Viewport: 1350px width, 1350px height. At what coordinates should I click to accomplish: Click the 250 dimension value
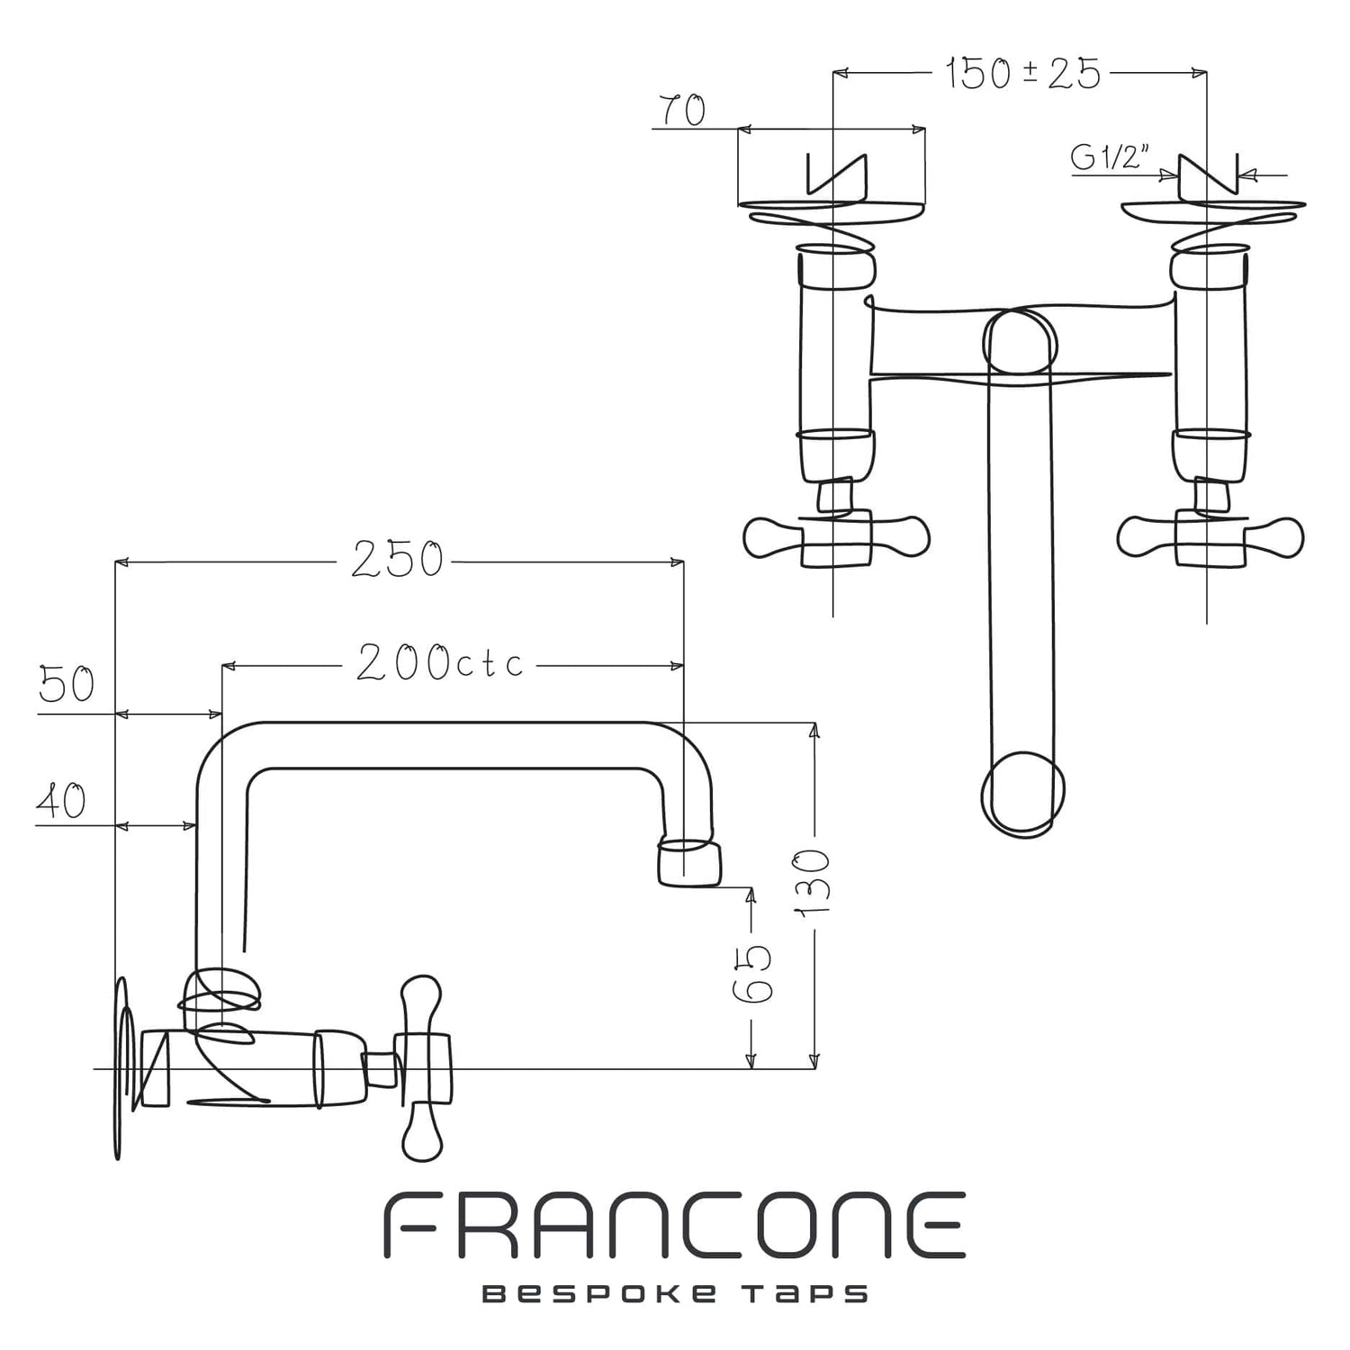point(397,560)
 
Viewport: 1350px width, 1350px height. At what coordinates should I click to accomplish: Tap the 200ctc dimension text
point(439,663)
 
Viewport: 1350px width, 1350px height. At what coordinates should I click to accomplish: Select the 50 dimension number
point(67,685)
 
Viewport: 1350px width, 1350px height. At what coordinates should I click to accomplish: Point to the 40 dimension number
point(61,800)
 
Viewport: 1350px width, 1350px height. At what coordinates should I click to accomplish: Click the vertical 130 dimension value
point(814,883)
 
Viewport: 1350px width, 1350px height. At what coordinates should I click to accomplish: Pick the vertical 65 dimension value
point(752,974)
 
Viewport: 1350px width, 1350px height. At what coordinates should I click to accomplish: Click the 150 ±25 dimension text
point(1023,73)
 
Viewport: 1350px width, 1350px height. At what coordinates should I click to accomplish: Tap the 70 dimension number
point(683,111)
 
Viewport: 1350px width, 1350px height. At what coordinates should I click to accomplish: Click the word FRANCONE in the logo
point(674,1226)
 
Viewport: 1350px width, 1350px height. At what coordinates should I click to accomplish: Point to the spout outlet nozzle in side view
point(690,862)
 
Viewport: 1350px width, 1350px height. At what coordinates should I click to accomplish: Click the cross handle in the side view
point(422,1067)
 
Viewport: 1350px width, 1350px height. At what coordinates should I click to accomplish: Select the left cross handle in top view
point(836,538)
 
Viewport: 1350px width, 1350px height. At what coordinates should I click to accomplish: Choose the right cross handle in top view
point(1210,538)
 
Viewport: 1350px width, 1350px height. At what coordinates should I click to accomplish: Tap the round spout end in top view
point(1021,793)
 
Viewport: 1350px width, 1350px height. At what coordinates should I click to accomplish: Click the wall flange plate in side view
point(122,1067)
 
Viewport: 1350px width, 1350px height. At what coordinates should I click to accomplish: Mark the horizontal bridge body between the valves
point(1021,343)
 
